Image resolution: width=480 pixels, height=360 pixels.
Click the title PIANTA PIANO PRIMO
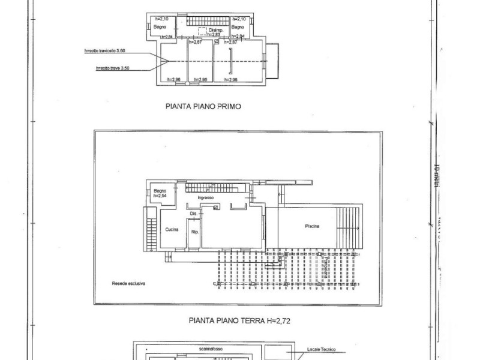coord(203,109)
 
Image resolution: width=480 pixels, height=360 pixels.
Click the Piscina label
coord(311,226)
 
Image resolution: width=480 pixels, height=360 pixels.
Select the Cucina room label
coord(173,229)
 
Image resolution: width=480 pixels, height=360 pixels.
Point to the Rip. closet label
coord(194,232)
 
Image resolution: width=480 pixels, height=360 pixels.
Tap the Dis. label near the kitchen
coord(193,214)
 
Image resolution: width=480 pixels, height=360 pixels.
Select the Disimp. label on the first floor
coord(215,29)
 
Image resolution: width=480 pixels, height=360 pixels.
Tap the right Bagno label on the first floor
coord(238,27)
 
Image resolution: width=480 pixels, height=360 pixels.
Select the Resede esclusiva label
coord(128,283)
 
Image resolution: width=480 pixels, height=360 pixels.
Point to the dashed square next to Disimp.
coord(203,34)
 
